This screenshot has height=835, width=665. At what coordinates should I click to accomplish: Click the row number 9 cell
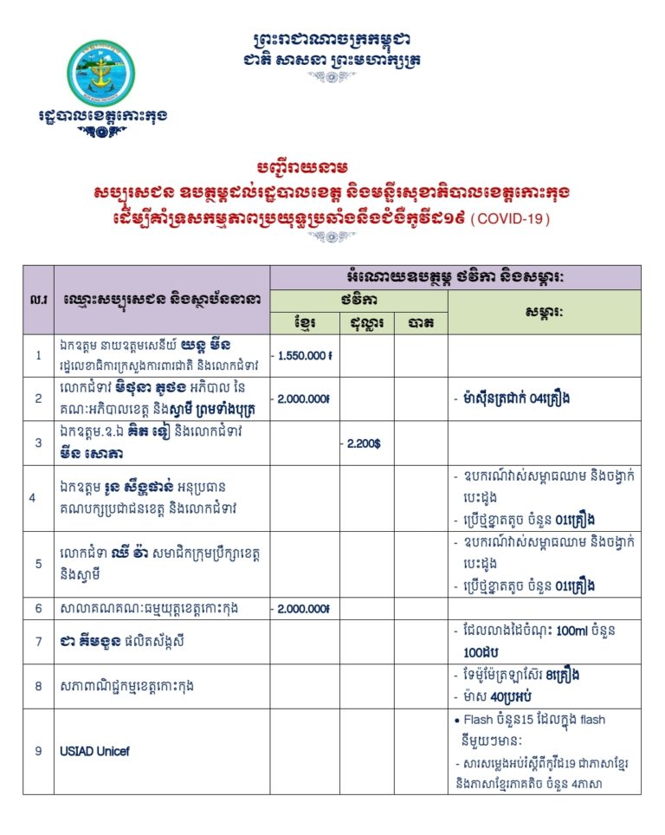(x=38, y=751)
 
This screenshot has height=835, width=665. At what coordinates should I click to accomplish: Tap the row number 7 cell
(x=38, y=642)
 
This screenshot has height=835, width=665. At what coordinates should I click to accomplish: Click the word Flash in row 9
(x=479, y=720)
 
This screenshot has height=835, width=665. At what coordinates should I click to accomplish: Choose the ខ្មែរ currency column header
(x=304, y=323)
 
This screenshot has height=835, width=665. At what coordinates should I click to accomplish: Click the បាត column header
(x=421, y=323)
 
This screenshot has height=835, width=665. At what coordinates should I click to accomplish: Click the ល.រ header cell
(x=38, y=300)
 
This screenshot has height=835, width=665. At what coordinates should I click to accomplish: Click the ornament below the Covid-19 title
(x=332, y=237)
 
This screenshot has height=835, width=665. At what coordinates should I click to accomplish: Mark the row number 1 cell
(x=38, y=355)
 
